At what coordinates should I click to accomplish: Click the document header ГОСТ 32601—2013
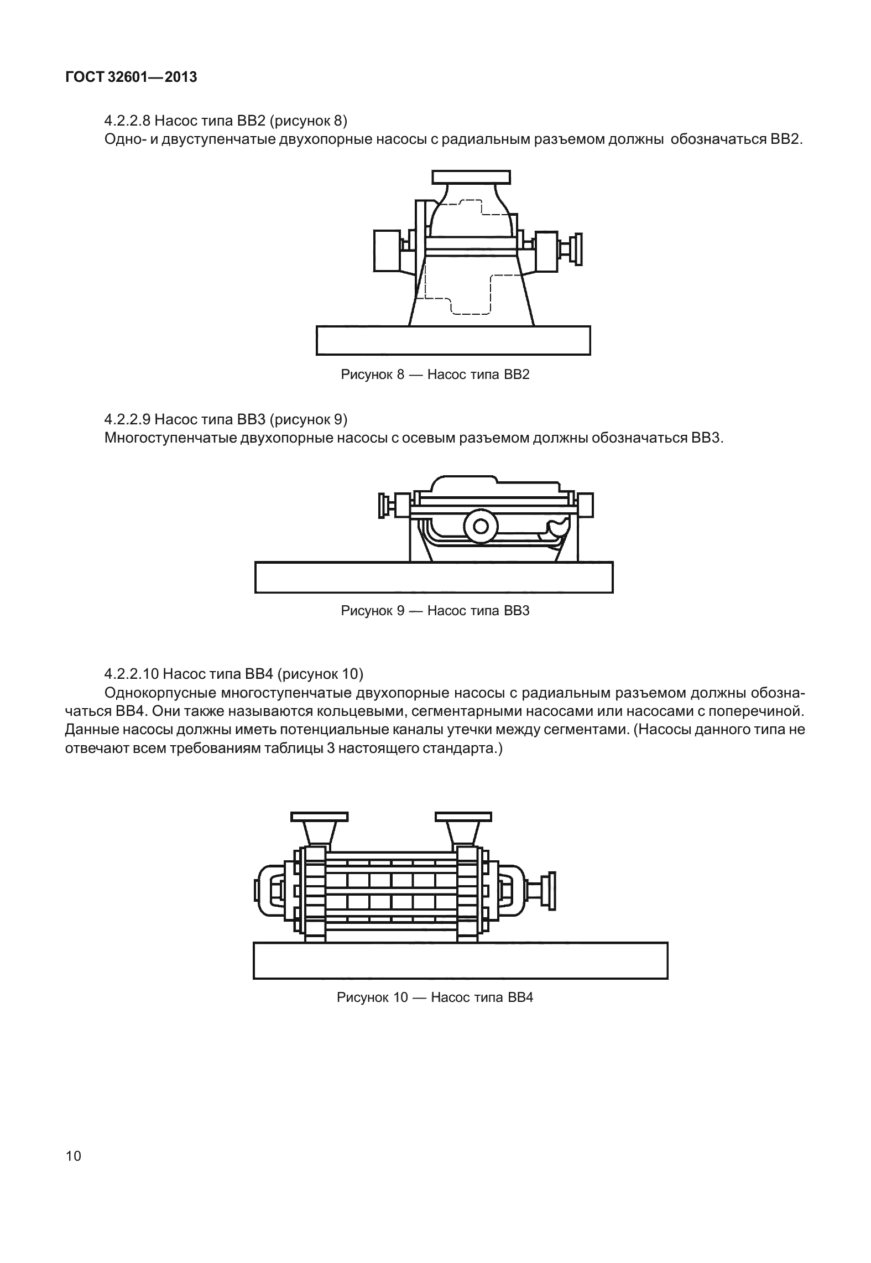(131, 77)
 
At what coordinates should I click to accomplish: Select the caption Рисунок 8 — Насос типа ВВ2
(435, 375)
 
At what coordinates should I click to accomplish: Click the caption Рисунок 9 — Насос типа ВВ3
(435, 611)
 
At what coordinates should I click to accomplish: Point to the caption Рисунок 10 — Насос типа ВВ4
(435, 997)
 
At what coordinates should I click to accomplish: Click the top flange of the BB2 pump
(471, 177)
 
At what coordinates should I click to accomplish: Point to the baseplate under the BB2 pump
(453, 340)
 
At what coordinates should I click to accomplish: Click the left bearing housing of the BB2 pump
(387, 251)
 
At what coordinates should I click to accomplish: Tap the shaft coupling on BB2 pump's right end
(577, 248)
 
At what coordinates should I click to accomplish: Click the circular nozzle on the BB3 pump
(479, 526)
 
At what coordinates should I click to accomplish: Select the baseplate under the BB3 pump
(434, 577)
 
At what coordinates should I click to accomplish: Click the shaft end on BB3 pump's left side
(383, 505)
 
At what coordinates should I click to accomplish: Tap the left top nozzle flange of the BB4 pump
(319, 817)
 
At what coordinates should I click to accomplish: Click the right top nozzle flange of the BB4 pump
(463, 817)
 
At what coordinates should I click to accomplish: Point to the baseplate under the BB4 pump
(460, 960)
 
